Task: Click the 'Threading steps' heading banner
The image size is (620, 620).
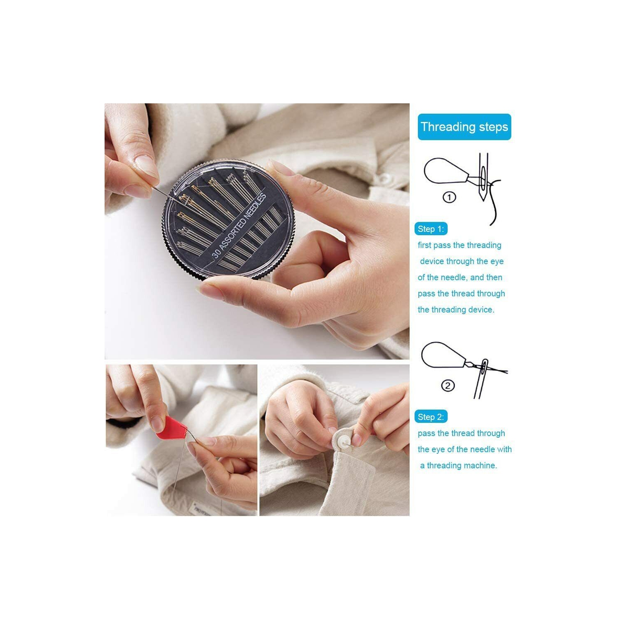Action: click(x=464, y=127)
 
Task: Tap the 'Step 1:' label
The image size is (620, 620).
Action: click(x=431, y=229)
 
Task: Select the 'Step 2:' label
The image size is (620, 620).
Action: click(x=431, y=417)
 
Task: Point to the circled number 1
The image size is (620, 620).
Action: click(x=449, y=198)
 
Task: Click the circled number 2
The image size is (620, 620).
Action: click(x=448, y=386)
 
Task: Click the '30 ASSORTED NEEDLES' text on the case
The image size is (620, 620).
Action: click(x=239, y=226)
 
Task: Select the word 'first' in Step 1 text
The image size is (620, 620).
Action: click(x=424, y=245)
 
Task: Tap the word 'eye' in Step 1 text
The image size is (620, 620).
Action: click(x=497, y=261)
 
